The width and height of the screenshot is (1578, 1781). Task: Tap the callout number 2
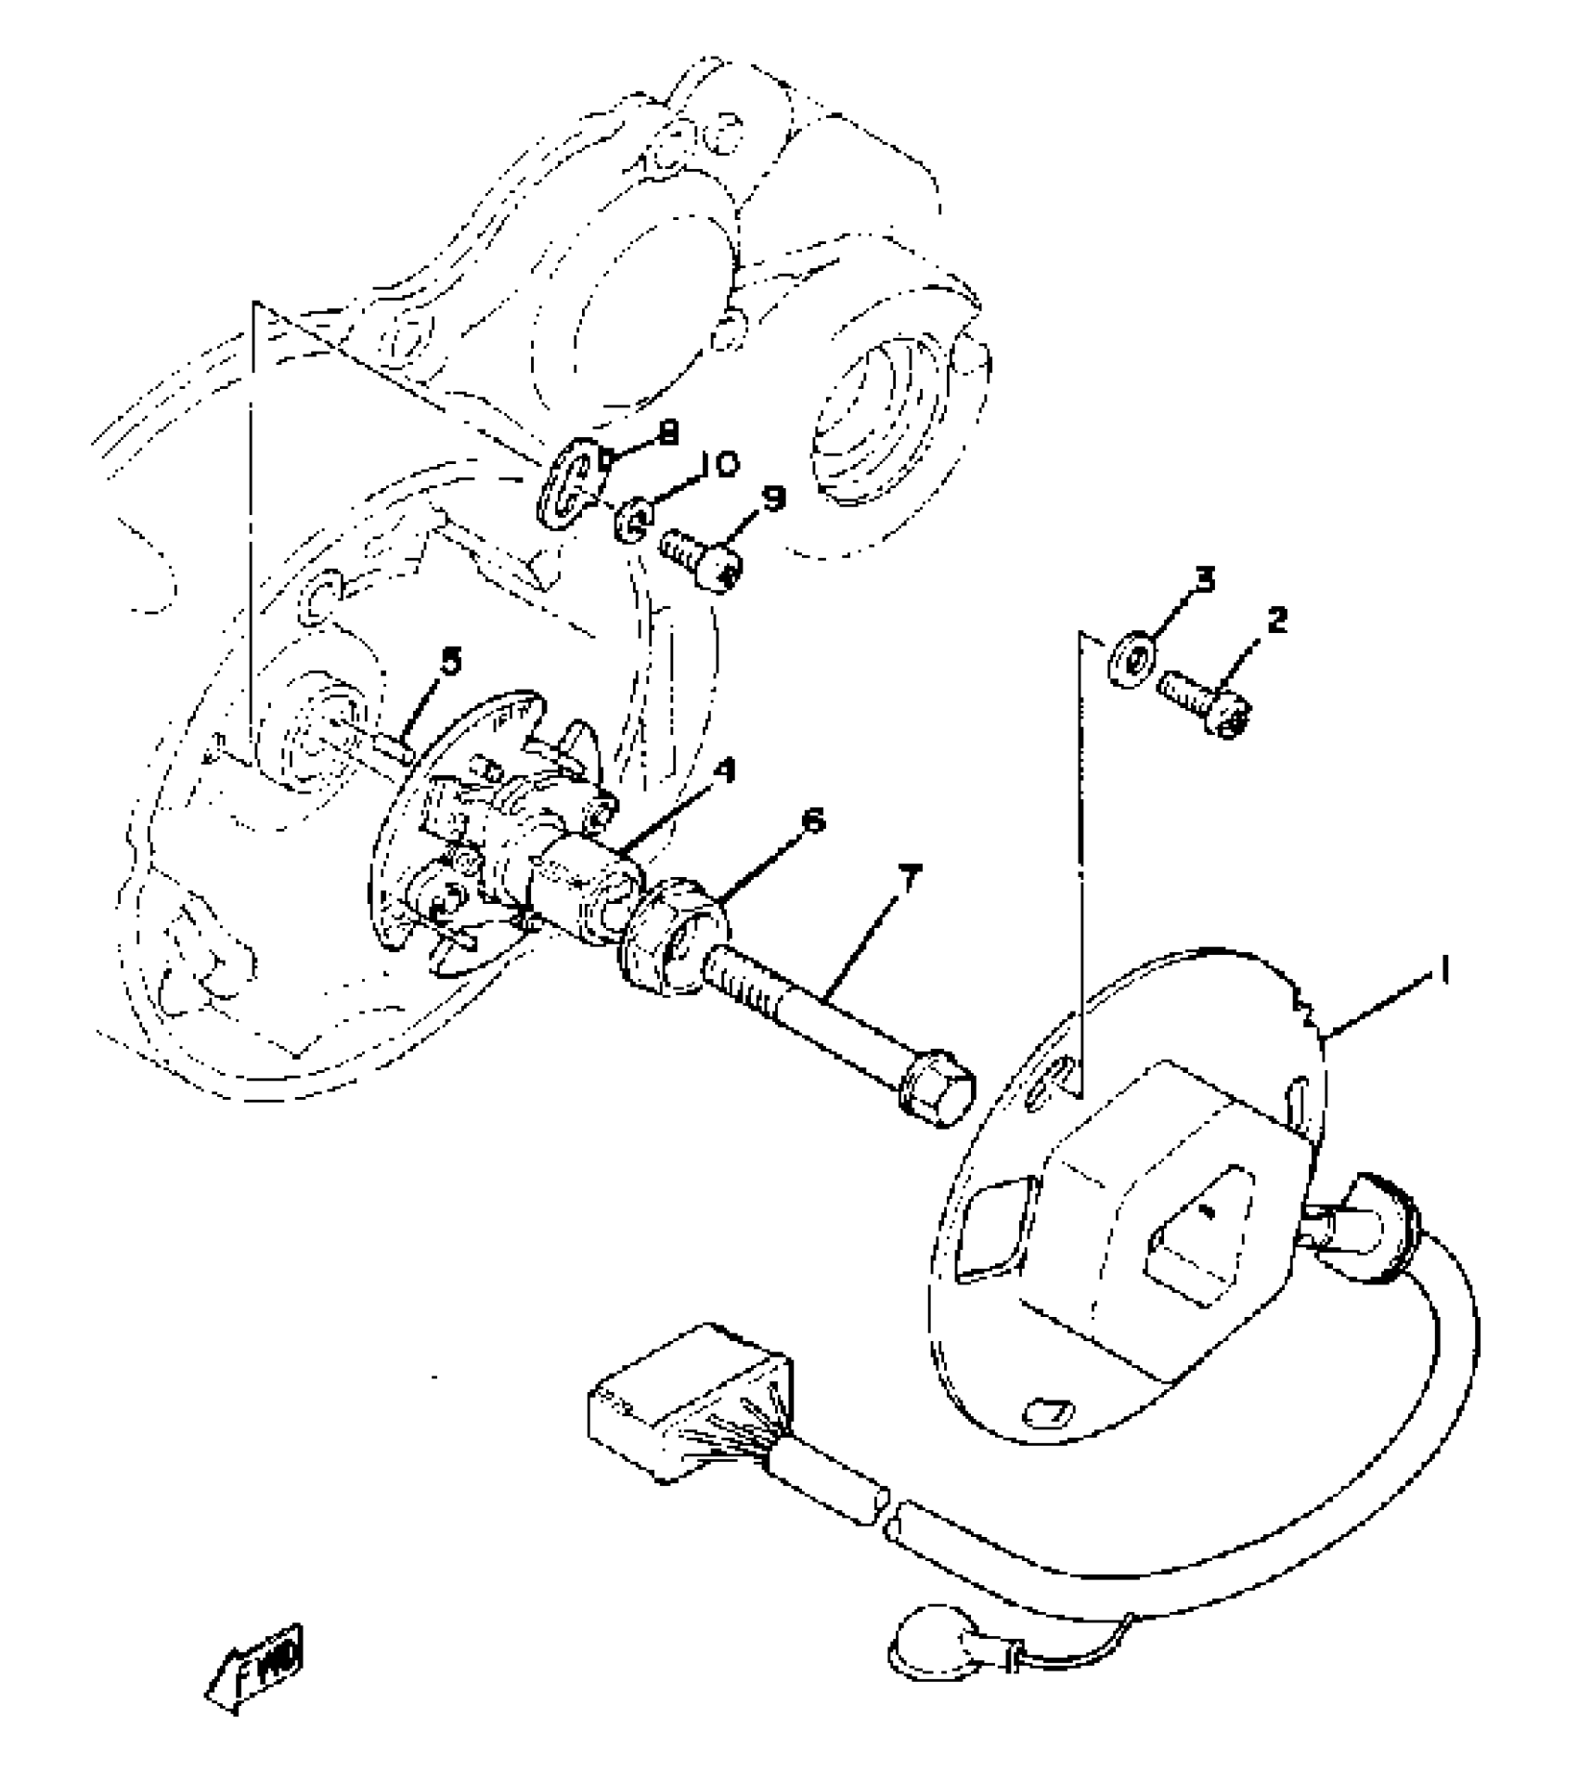click(1277, 620)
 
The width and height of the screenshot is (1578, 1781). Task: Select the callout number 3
click(1204, 581)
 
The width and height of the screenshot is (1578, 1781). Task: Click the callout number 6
click(812, 821)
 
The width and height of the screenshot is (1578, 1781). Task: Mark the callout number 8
click(666, 432)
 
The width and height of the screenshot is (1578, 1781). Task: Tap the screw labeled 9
click(701, 558)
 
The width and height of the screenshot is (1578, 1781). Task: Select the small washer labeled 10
click(633, 520)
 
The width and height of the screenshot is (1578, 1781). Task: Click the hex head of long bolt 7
click(936, 1093)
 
